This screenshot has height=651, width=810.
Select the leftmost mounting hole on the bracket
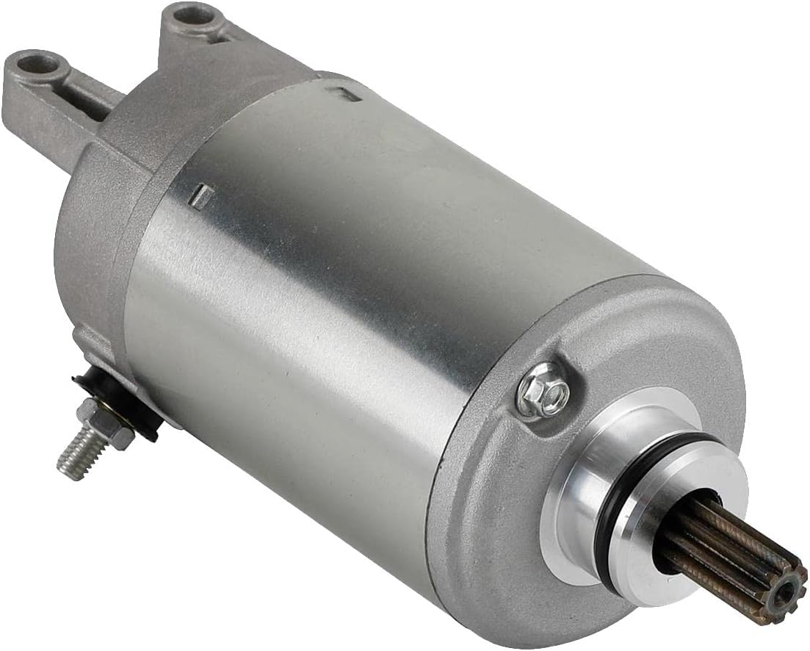[x=39, y=65]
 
